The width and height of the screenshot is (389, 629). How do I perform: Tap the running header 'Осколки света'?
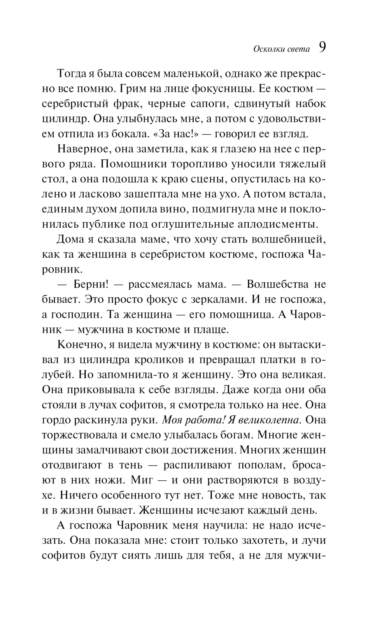(281, 49)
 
